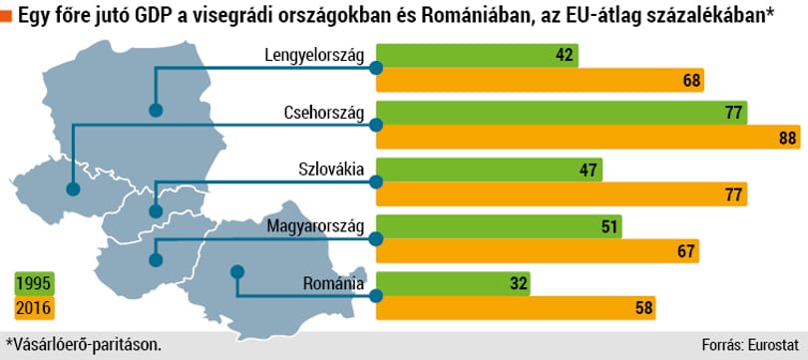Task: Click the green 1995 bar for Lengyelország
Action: click(477, 56)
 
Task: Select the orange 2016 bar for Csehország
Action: click(589, 137)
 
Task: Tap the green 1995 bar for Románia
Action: click(453, 284)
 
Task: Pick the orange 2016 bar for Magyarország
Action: click(538, 251)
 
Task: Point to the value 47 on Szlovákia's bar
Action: click(588, 170)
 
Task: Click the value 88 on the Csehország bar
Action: click(787, 138)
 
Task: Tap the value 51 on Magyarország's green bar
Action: click(608, 226)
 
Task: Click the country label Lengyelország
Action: click(314, 56)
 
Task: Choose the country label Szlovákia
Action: click(331, 170)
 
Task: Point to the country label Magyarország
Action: click(315, 226)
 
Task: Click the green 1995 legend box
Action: click(34, 285)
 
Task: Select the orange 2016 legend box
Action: click(34, 308)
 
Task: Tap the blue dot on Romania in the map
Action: click(236, 271)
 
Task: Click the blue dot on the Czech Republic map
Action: click(73, 189)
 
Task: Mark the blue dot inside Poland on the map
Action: click(156, 110)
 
